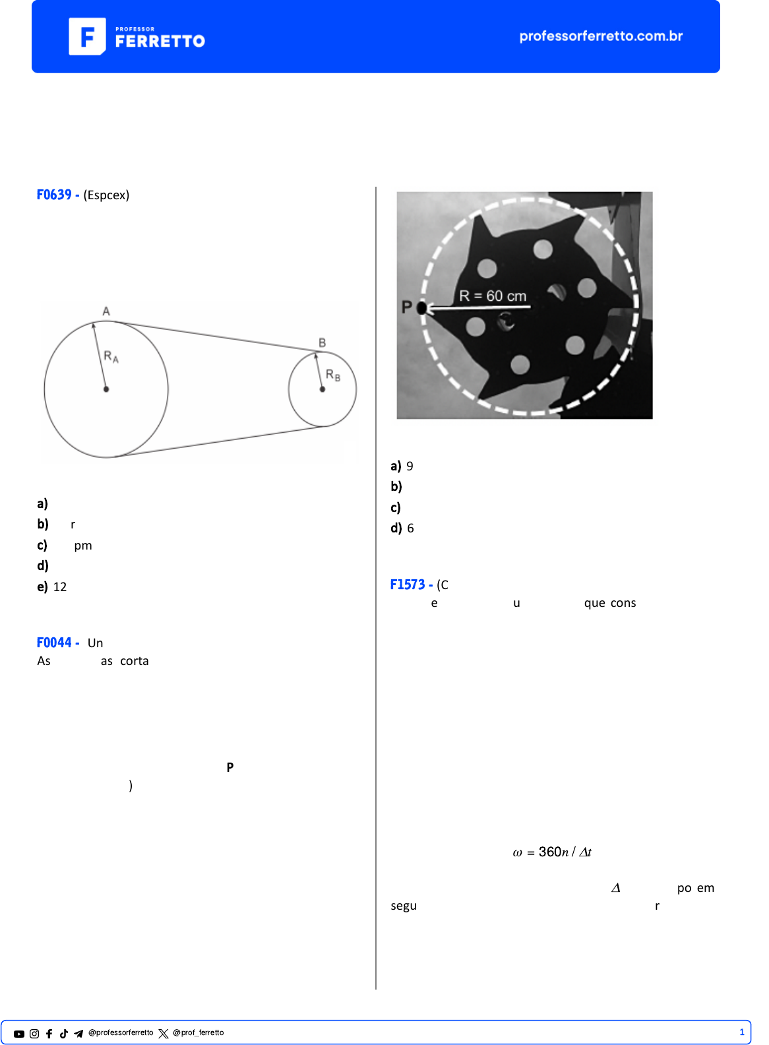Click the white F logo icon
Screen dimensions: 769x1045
(x=87, y=36)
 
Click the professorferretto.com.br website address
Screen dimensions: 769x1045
(x=600, y=36)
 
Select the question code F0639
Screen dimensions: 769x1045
(x=54, y=195)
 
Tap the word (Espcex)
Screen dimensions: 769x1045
(x=106, y=195)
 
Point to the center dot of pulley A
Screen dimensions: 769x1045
(x=106, y=389)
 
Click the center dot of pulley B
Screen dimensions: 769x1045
(x=323, y=389)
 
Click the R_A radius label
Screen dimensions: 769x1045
(x=111, y=357)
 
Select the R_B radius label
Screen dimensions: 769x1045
(x=333, y=375)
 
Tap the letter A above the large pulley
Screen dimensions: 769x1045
(x=106, y=311)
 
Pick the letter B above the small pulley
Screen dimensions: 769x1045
(x=323, y=343)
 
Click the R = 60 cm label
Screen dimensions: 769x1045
(x=493, y=296)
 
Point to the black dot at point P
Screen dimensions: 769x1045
(x=422, y=308)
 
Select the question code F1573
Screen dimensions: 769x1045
(x=408, y=585)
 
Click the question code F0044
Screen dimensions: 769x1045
(x=54, y=643)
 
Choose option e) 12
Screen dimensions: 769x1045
(x=52, y=587)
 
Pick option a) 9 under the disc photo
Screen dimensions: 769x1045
(x=402, y=466)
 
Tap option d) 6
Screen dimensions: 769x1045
(x=402, y=528)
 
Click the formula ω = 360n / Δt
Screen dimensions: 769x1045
(x=552, y=852)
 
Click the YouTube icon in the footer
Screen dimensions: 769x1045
(x=19, y=1034)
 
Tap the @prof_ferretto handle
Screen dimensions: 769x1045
(x=198, y=1033)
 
